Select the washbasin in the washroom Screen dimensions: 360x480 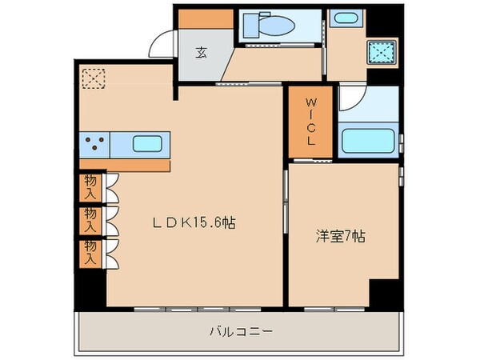coord(346,19)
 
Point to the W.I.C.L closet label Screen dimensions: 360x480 coord(311,122)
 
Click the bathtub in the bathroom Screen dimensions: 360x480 coord(368,141)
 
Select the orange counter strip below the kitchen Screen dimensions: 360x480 coord(124,165)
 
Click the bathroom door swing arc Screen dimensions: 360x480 coord(350,98)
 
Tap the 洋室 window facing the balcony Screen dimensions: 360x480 coord(330,308)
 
